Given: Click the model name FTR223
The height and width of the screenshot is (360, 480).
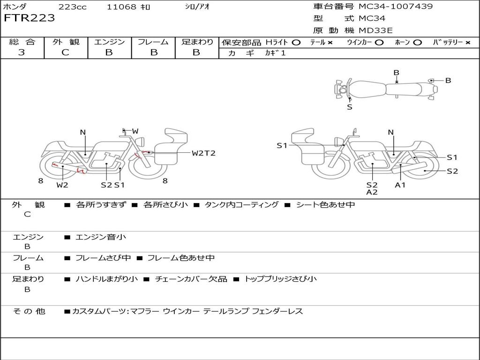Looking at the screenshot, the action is pos(29,18).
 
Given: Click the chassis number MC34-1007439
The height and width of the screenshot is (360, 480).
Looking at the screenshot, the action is pos(396,7).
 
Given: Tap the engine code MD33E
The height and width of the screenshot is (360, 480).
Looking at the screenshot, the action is pos(375,30).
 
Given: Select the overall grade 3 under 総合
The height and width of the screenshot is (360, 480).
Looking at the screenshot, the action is pos(22,52).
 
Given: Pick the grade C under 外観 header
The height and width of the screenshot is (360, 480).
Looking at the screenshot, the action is pos(65,52).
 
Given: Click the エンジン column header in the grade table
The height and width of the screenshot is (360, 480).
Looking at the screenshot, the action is pos(109,42).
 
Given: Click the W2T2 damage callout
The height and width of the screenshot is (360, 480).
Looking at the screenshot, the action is pos(203,153).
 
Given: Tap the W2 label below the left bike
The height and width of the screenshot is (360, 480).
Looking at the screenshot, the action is pos(62,185).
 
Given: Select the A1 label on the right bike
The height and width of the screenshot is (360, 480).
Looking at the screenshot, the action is pos(400,185).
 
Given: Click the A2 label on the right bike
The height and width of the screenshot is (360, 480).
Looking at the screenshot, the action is pos(372,192).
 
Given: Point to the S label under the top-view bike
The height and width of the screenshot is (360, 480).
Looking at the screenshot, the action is pos(350,107).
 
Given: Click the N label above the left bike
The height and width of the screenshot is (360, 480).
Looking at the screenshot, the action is pos(82,132).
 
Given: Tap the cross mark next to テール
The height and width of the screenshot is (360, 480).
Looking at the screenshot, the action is pos(330,43).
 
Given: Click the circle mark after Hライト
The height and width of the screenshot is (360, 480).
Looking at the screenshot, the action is pos(296,43).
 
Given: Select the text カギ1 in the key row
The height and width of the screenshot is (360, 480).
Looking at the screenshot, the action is pos(275,53).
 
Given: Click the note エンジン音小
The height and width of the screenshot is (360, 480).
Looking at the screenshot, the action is pos(100,237).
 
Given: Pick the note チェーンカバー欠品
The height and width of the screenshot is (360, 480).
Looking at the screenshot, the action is pos(191,279).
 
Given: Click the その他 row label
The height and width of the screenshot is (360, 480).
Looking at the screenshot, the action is pos(29,311).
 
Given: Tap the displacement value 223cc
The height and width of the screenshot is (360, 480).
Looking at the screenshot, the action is pos(73,7).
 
